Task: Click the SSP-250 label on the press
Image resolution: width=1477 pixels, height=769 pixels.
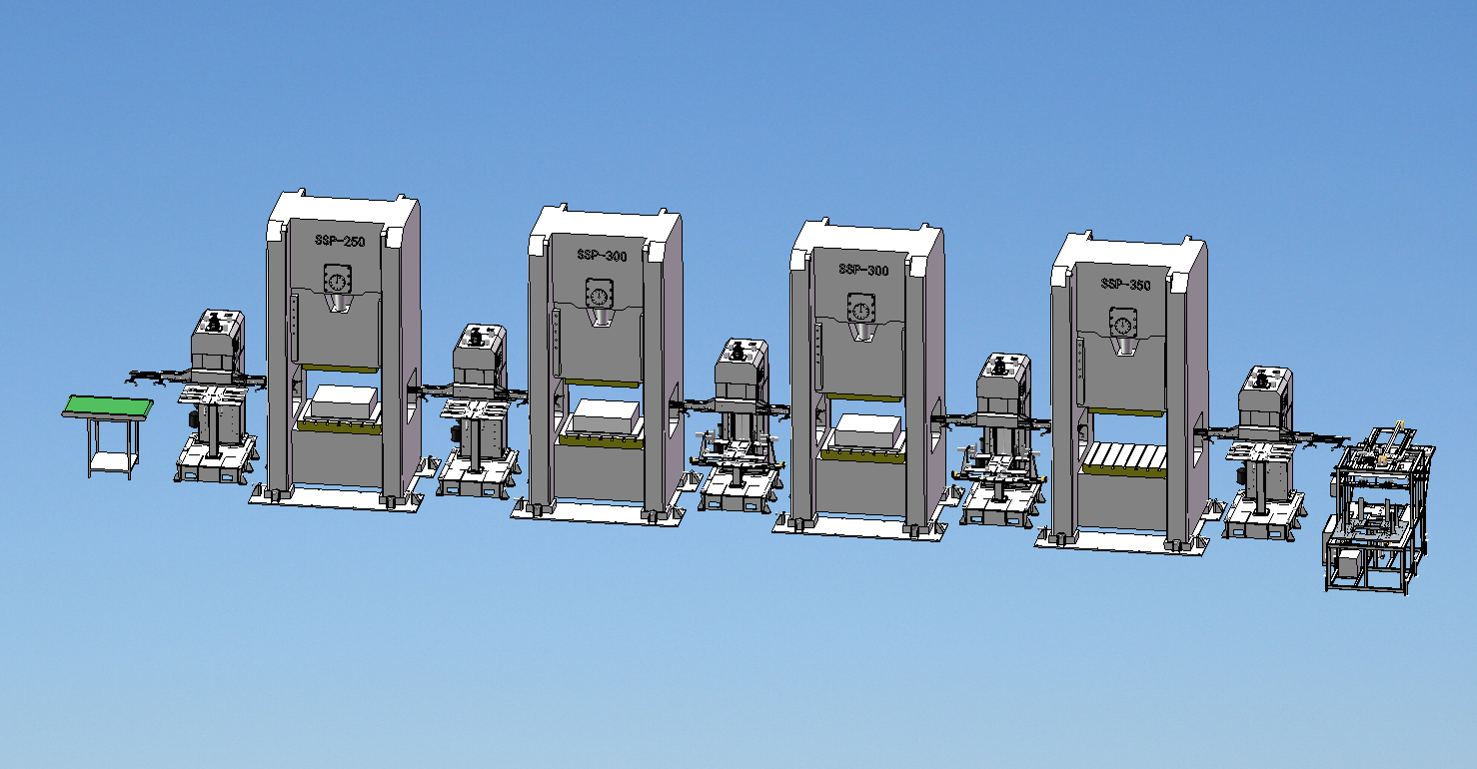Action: pos(340,241)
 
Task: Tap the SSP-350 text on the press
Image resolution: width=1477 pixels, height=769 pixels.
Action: pos(1125,284)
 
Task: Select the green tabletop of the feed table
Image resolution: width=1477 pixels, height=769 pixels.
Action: pos(108,405)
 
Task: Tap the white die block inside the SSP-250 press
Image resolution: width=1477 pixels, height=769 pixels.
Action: pos(344,401)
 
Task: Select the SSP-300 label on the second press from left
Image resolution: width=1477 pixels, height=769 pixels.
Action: pos(602,255)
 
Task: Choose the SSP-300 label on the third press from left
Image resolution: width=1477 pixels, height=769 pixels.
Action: pos(863,270)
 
